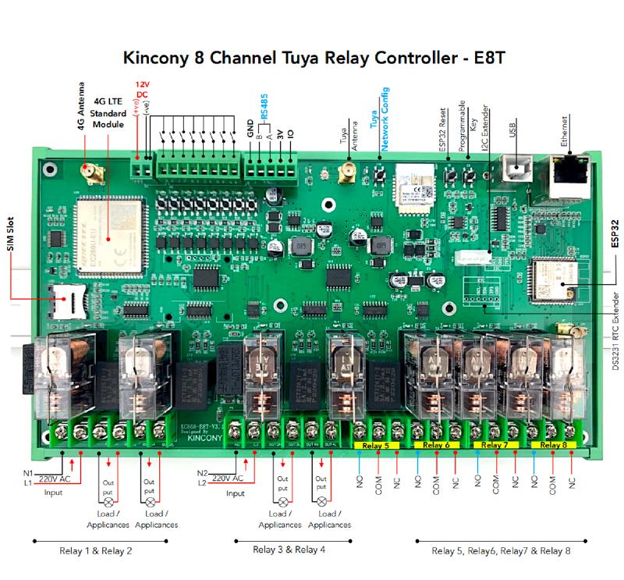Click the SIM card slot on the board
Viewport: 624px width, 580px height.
(61, 297)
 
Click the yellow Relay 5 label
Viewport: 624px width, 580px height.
(377, 445)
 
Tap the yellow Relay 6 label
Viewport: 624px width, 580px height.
(437, 445)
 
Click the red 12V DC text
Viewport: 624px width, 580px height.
(142, 90)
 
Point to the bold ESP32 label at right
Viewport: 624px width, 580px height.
(614, 233)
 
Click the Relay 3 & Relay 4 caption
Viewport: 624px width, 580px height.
(290, 550)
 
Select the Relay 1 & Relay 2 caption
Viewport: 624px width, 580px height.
(96, 550)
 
